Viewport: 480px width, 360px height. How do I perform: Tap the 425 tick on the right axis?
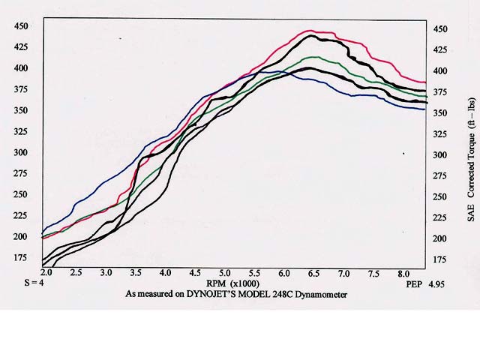point(440,49)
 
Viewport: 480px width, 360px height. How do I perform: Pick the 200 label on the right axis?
point(440,238)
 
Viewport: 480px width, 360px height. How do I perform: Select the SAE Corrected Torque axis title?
point(471,158)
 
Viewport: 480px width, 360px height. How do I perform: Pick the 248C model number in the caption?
point(273,294)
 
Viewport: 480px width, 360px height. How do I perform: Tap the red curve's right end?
point(425,82)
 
